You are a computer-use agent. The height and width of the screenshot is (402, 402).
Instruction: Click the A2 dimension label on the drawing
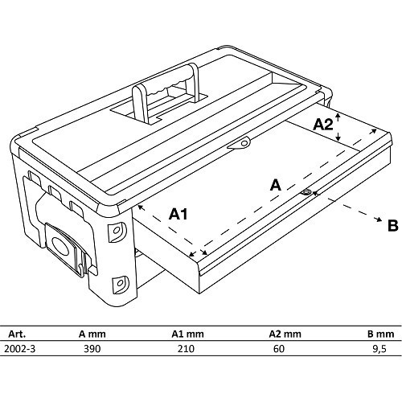point(323,125)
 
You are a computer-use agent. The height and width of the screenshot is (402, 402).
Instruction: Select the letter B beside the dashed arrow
point(393,226)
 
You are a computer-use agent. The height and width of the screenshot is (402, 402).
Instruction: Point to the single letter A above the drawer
point(276,185)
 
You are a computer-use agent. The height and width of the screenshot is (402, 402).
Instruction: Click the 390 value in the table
point(92,349)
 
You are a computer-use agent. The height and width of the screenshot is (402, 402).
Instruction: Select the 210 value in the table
point(186,349)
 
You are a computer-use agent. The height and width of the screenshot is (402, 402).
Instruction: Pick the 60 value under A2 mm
point(279,349)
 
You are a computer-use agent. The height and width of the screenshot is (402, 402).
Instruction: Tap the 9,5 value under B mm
point(379,349)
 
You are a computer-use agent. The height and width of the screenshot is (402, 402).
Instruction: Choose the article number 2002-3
point(20,349)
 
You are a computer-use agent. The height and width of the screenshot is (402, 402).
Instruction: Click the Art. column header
point(18,334)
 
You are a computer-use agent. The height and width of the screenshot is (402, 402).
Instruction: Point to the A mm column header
point(92,334)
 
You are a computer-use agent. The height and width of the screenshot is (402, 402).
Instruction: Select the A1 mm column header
point(187,334)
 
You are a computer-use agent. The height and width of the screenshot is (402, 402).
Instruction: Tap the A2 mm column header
point(285,334)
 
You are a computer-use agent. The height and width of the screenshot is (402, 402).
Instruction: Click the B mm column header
point(380,334)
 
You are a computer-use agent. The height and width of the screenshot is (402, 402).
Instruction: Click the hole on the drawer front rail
point(306,192)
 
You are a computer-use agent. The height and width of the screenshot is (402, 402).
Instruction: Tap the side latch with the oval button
point(67,247)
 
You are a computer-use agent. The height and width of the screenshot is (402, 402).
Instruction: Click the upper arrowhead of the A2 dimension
point(338,116)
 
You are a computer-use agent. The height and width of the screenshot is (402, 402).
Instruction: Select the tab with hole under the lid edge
point(240,143)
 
